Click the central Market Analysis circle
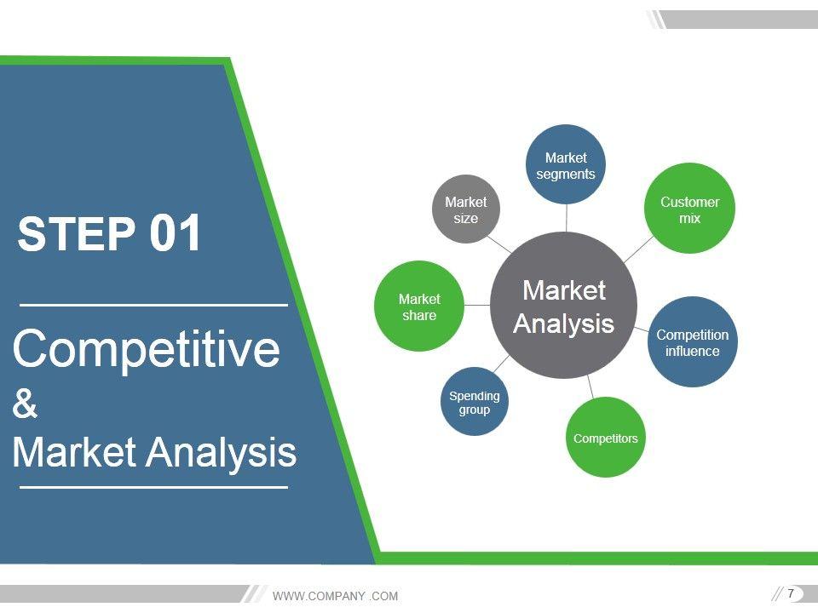click(563, 306)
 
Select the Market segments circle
click(566, 164)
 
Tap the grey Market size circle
click(466, 209)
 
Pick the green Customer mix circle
click(689, 209)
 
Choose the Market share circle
click(419, 306)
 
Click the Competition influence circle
click(692, 342)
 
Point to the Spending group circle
click(475, 401)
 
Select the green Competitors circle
click(605, 438)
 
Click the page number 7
click(791, 593)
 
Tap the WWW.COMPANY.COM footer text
click(335, 596)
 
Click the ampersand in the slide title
click(25, 403)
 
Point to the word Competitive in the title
click(146, 349)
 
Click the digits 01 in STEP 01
click(176, 233)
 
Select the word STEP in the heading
click(77, 233)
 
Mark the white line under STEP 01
click(154, 305)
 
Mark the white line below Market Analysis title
click(154, 487)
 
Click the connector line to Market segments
click(566, 218)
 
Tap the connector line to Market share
click(477, 305)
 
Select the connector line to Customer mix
click(638, 249)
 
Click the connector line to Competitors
click(590, 387)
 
